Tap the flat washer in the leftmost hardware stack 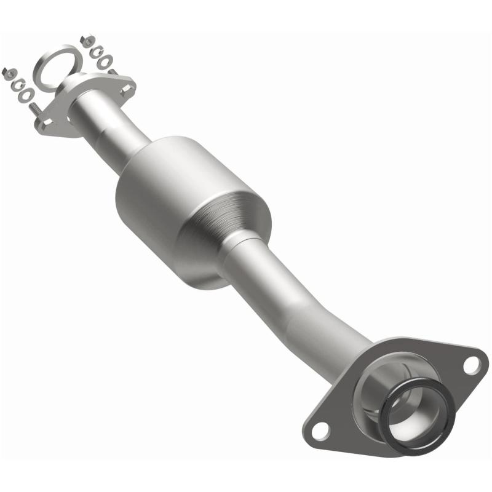(x=26, y=95)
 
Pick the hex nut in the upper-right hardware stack (x=87, y=41)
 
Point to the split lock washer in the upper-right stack (x=97, y=52)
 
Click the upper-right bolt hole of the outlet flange (x=470, y=365)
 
